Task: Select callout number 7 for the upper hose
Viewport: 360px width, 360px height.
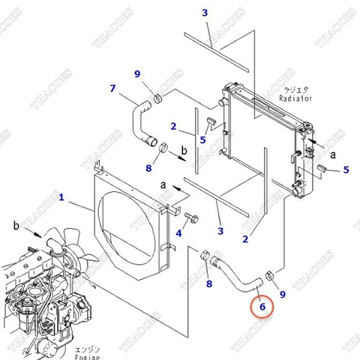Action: click(113, 89)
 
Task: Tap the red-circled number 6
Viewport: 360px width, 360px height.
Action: click(262, 305)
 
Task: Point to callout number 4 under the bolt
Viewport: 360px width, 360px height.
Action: click(178, 234)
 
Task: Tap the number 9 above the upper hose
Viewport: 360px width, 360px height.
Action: click(136, 73)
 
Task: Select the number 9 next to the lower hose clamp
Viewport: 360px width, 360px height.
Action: click(283, 295)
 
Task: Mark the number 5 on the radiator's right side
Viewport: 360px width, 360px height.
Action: click(346, 170)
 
